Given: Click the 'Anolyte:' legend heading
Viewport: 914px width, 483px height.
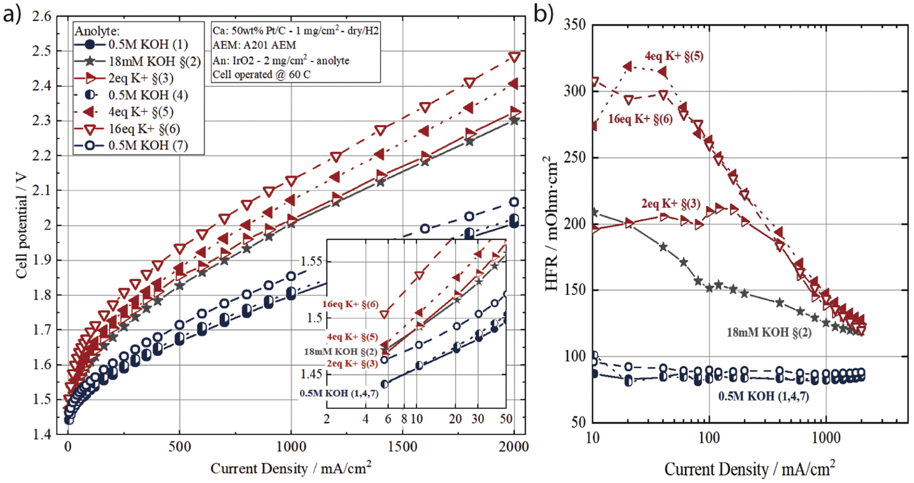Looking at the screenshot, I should (97, 31).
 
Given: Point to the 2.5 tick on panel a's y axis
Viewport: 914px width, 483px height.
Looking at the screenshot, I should (41, 51).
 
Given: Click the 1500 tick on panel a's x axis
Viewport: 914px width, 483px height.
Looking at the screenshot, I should (402, 447).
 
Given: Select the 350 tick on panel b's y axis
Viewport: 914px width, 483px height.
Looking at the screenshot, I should (574, 25).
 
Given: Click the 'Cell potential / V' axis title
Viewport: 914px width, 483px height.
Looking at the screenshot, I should (21, 225).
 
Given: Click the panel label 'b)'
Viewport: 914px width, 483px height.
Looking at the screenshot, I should (543, 13).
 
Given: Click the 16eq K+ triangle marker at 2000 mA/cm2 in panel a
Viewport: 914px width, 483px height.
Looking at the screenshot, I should (514, 57).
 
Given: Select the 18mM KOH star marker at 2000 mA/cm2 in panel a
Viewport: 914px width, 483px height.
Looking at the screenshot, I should (514, 121).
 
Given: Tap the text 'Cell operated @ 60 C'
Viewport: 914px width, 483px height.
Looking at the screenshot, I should (261, 75).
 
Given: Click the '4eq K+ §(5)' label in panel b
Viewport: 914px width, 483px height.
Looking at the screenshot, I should (674, 56).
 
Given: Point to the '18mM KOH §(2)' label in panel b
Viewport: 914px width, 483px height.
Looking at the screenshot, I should (768, 333).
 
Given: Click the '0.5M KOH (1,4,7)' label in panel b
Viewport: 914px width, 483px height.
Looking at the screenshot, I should (763, 396).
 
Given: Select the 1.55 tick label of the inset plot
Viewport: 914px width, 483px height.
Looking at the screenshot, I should (311, 261).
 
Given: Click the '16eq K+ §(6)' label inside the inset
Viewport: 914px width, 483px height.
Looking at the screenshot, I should (350, 304).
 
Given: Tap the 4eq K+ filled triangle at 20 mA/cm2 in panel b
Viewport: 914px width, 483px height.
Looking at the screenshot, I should (628, 67).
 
